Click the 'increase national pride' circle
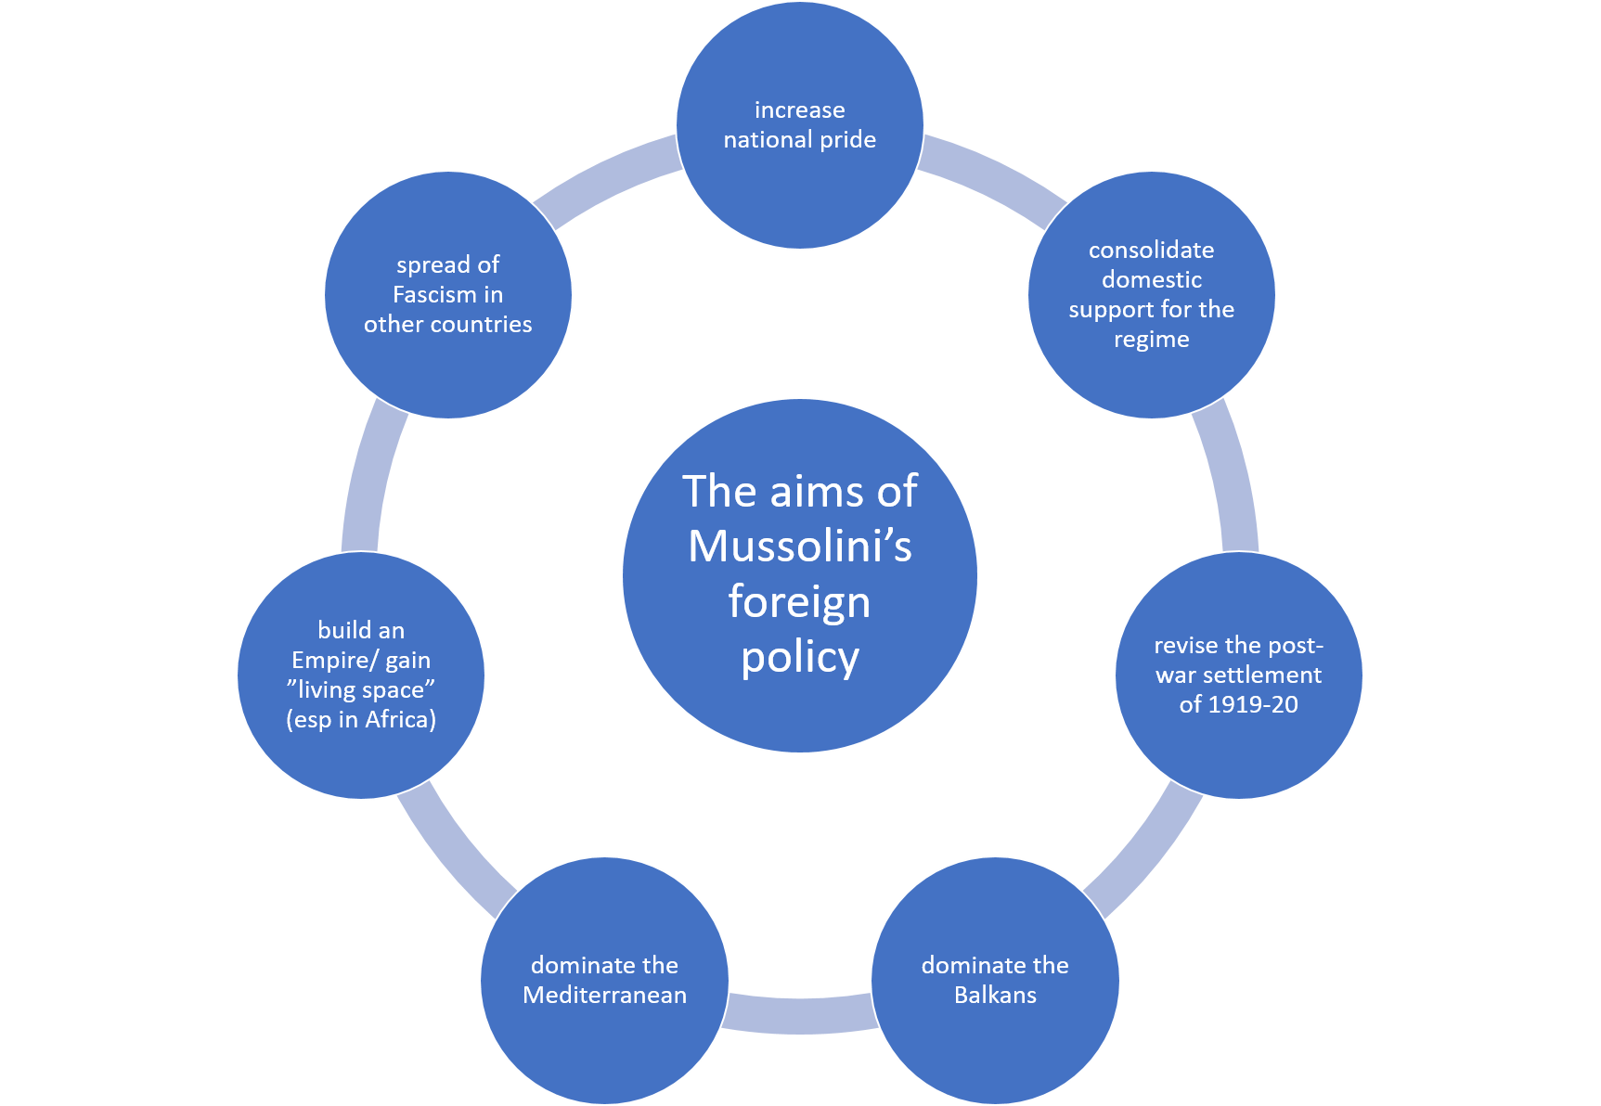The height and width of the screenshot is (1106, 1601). (799, 125)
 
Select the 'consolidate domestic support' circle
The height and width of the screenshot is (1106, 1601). (1151, 294)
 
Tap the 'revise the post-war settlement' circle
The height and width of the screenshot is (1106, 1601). (1238, 675)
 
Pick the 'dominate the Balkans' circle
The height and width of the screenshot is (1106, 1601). (995, 980)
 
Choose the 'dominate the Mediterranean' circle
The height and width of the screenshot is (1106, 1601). (604, 980)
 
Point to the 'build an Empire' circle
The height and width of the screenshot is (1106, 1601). (361, 675)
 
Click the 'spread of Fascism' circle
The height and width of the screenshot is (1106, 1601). (447, 294)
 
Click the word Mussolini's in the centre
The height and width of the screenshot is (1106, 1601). (799, 546)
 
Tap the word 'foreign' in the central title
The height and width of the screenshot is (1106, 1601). (799, 601)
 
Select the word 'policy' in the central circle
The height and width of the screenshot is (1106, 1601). (799, 657)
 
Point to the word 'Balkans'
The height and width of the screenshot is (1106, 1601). (995, 995)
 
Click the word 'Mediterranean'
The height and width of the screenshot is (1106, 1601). (604, 995)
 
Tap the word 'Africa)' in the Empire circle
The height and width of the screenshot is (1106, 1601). (400, 719)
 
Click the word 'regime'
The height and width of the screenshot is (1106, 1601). (1151, 339)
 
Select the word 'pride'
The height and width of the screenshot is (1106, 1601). (847, 139)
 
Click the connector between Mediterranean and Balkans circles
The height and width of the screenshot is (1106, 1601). (799, 1014)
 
